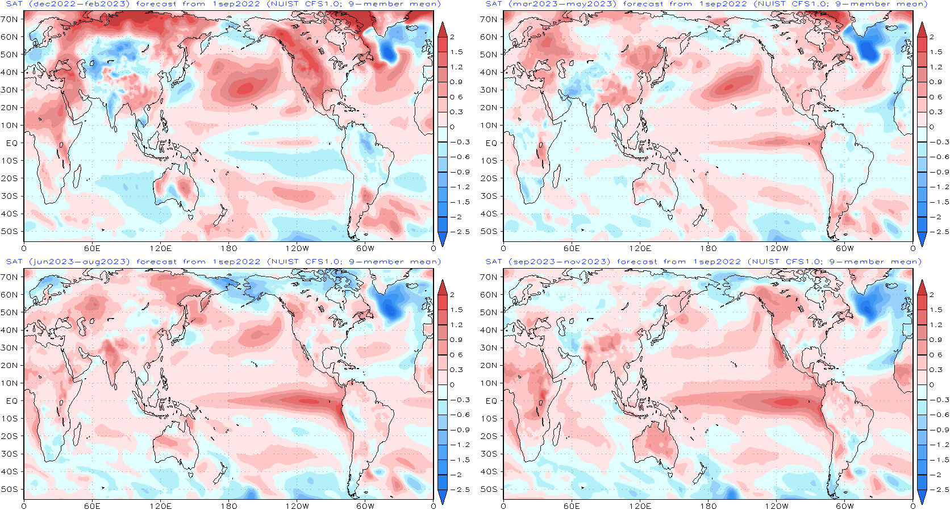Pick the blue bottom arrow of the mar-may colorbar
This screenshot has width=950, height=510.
pyautogui.click(x=922, y=239)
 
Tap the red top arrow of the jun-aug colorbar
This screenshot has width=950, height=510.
pyautogui.click(x=443, y=287)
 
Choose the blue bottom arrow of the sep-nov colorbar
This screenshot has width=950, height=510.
pyautogui.click(x=922, y=496)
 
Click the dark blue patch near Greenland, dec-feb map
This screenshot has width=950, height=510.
pyautogui.click(x=389, y=52)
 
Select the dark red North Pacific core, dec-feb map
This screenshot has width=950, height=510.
pyautogui.click(x=245, y=87)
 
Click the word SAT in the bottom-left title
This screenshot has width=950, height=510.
pyautogui.click(x=14, y=262)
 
